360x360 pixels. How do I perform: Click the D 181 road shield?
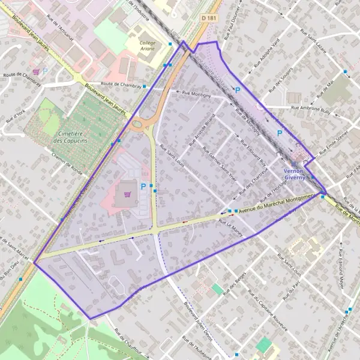coord(208,19)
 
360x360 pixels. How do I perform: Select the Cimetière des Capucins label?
coord(70,136)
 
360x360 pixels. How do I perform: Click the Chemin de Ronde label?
coord(68,161)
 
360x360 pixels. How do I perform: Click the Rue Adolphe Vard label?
coord(266,54)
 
